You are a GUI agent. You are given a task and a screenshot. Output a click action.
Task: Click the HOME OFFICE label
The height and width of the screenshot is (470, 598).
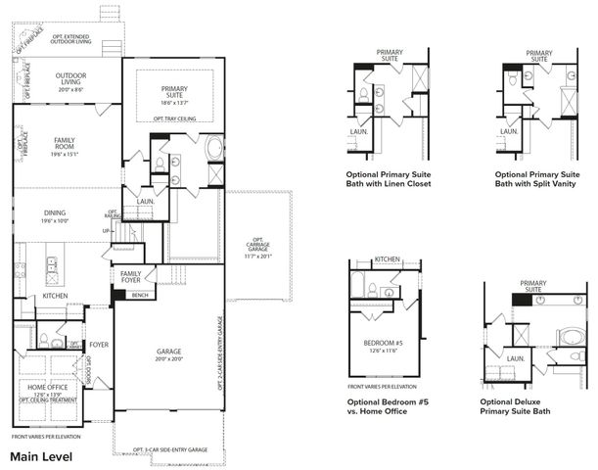[41, 385]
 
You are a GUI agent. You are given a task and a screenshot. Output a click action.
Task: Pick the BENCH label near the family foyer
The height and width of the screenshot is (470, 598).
[140, 295]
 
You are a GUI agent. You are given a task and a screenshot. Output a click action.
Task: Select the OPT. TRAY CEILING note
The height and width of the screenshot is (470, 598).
[177, 119]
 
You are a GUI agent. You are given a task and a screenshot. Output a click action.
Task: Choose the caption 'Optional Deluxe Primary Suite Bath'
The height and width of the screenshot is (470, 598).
[515, 406]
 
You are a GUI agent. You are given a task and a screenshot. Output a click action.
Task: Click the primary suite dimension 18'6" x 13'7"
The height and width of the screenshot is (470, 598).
[180, 100]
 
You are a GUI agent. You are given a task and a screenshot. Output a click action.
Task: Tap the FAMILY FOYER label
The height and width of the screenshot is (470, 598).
[130, 276]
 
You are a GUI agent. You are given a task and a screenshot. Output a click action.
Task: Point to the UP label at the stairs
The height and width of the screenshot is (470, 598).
[106, 231]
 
